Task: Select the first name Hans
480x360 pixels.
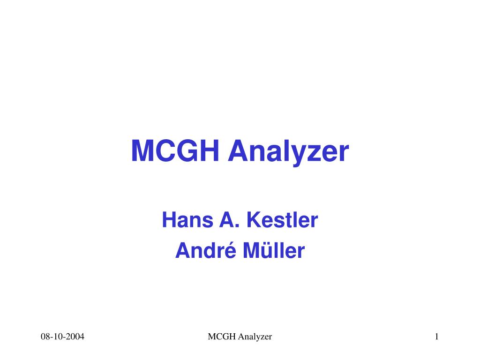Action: click(182, 220)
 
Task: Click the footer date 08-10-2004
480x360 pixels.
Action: click(62, 337)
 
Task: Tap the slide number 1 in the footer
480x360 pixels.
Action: click(436, 337)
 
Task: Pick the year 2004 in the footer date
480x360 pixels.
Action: click(76, 337)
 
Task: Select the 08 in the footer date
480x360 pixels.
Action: click(45, 337)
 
